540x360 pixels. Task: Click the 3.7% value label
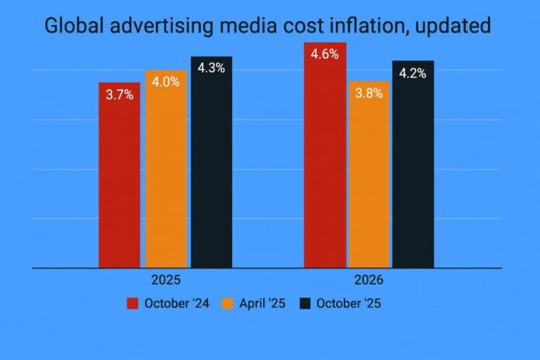(x=119, y=95)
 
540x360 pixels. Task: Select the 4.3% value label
(x=211, y=68)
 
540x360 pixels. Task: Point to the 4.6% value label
(x=325, y=55)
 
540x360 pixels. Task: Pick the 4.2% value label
(x=413, y=74)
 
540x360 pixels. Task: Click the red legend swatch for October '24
(x=133, y=303)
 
